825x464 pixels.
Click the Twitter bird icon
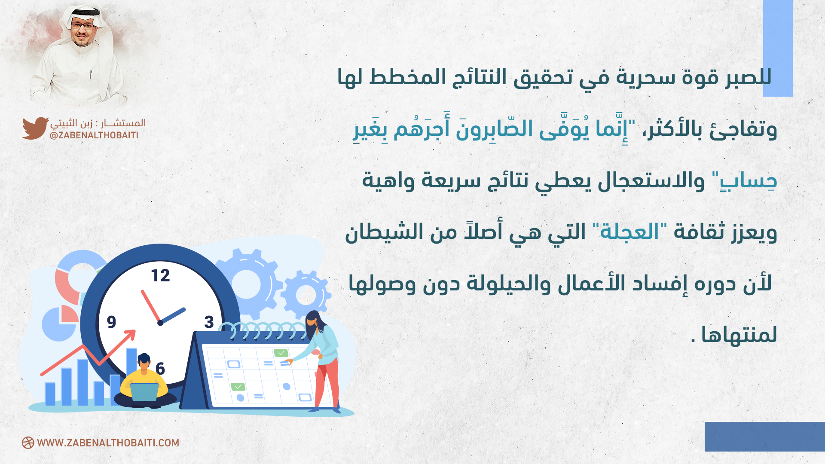pyautogui.click(x=35, y=128)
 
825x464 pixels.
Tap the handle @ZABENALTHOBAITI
pyautogui.click(x=94, y=135)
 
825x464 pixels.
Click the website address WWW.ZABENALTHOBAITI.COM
pyautogui.click(x=108, y=443)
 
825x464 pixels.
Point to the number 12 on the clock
pyautogui.click(x=161, y=275)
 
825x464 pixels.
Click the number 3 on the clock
pyautogui.click(x=209, y=322)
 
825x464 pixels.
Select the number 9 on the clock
pyautogui.click(x=112, y=322)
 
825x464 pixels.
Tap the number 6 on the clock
pyautogui.click(x=160, y=368)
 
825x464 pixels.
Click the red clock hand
pyautogui.click(x=150, y=306)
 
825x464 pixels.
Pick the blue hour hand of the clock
pyautogui.click(x=173, y=316)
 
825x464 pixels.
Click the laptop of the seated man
pyautogui.click(x=144, y=392)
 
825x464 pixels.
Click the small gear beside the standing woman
pyautogui.click(x=306, y=295)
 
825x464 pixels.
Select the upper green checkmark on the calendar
pyautogui.click(x=281, y=353)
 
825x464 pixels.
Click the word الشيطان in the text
pyautogui.click(x=379, y=232)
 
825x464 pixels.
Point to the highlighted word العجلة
pyautogui.click(x=629, y=232)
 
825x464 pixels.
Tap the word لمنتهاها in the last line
pyautogui.click(x=739, y=335)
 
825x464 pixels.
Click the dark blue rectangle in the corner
pyautogui.click(x=765, y=437)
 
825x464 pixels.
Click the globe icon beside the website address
pyautogui.click(x=28, y=443)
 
